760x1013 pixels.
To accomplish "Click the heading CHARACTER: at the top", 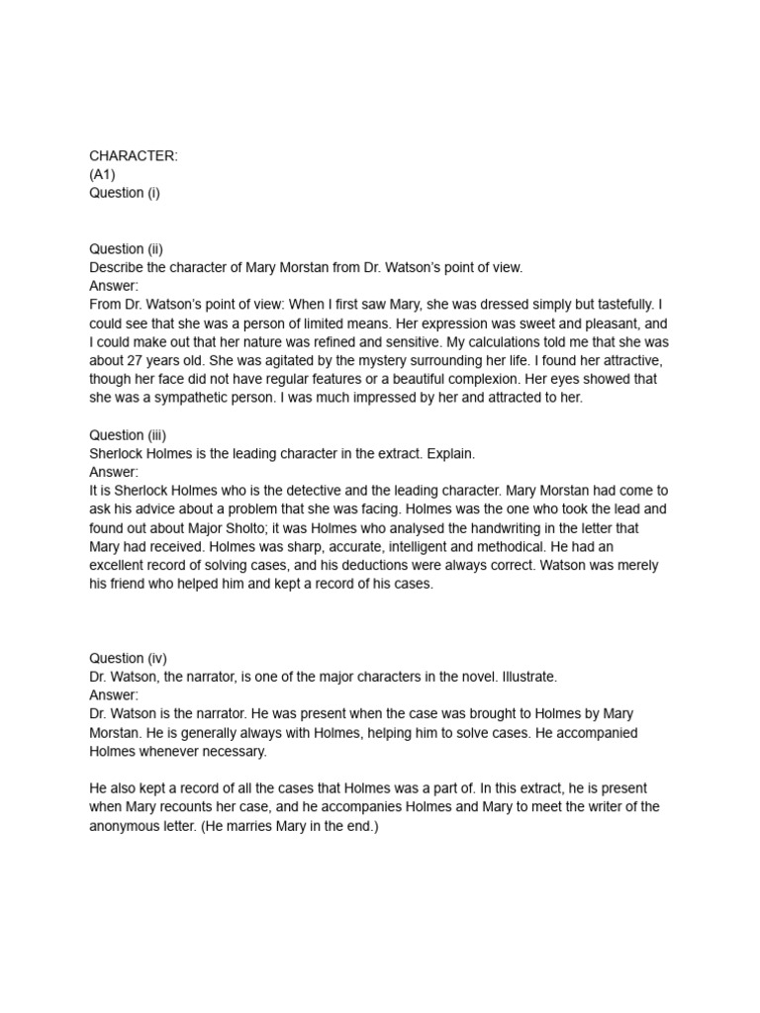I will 134,155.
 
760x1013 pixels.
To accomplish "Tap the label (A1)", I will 103,174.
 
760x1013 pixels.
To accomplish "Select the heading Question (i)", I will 125,193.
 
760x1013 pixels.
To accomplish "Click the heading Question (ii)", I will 126,249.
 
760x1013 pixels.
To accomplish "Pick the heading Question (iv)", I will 128,658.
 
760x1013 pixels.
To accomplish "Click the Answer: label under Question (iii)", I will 115,472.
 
